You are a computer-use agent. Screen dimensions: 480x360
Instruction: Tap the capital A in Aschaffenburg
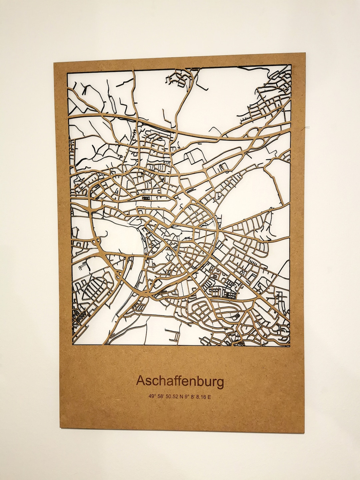coord(141,381)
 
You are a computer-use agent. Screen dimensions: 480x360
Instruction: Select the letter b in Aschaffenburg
coord(199,381)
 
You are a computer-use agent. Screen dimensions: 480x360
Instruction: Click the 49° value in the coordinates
coord(152,397)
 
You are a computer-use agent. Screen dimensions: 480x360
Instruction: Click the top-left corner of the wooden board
coord(54,62)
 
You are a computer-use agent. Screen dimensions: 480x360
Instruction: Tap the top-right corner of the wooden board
coord(305,52)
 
